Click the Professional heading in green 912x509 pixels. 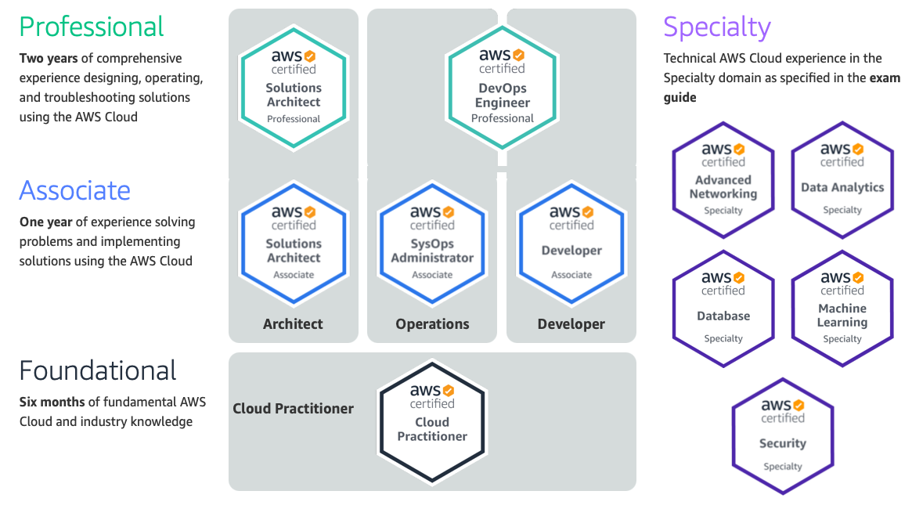92,27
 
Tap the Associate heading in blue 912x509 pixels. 74,190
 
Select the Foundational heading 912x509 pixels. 98,370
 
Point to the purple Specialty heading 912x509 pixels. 717,27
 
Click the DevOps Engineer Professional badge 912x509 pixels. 502,87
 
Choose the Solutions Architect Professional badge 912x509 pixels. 294,87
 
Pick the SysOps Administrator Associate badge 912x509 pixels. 432,243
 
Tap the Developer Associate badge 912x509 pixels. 571,243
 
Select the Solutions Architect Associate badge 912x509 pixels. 294,243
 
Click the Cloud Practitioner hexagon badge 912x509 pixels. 432,421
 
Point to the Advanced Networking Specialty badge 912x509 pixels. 723,179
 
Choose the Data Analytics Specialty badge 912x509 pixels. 842,179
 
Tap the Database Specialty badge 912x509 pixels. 723,309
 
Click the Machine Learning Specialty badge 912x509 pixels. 842,309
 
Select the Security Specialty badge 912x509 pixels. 783,436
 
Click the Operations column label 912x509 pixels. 432,324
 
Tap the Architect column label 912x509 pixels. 293,324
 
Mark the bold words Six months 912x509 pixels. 52,403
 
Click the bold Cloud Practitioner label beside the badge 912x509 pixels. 293,409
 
